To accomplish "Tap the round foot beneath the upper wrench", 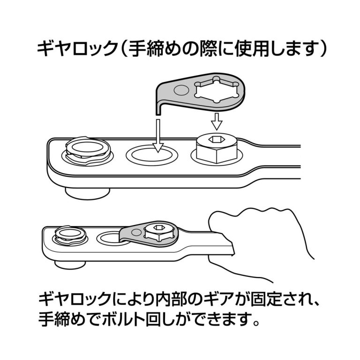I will [x=87, y=191].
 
